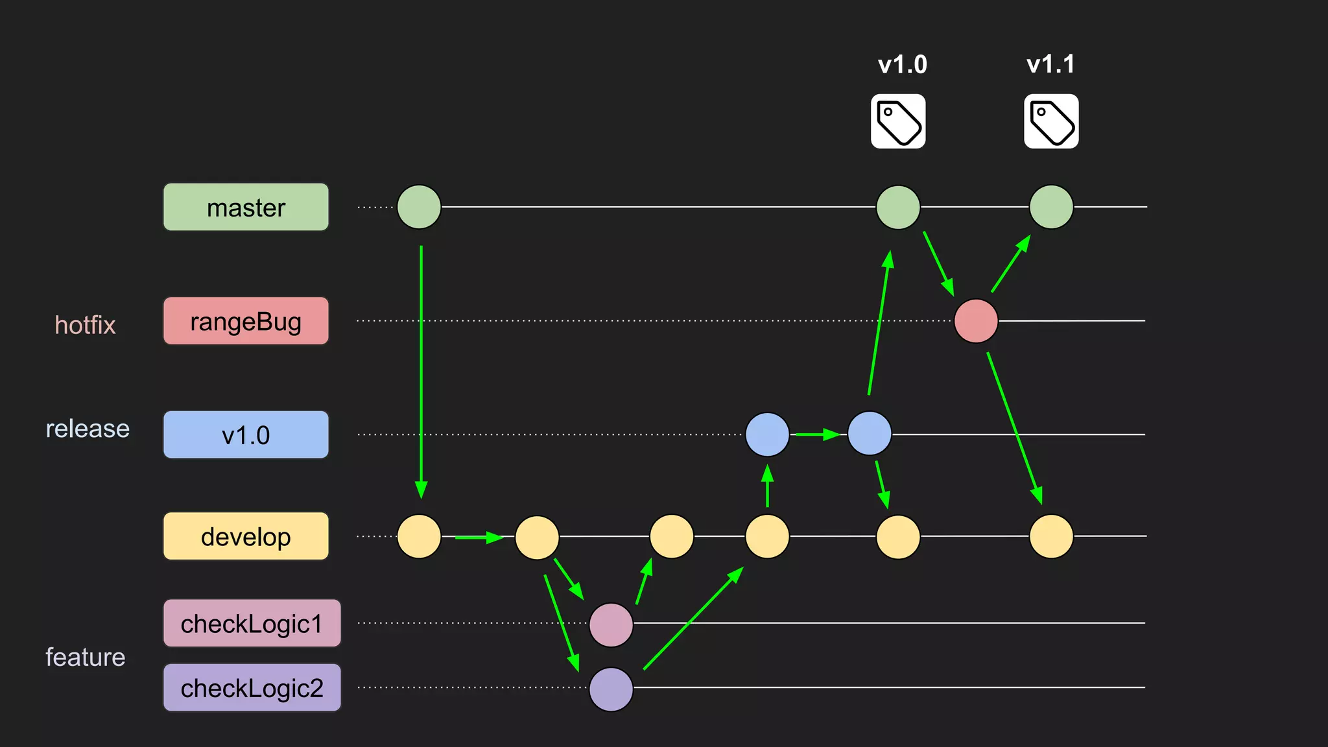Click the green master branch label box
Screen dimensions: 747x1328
(246, 207)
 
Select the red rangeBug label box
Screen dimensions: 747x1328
(246, 321)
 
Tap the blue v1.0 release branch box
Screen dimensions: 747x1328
(246, 434)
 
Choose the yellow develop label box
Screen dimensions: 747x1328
(246, 536)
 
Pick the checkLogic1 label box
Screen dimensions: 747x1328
(252, 623)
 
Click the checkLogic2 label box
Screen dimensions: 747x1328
(252, 687)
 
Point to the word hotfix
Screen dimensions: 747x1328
(85, 325)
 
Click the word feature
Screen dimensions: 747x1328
(85, 657)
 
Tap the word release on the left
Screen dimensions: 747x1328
(88, 429)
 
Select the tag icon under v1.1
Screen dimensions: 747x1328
(1051, 121)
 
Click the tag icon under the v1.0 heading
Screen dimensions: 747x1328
(898, 121)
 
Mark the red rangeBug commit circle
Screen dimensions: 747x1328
(976, 321)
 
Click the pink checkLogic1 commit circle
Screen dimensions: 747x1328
(611, 624)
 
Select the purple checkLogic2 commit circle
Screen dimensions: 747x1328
(611, 689)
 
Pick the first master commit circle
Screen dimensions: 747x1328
(419, 207)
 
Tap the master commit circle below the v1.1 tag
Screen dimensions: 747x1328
(1051, 207)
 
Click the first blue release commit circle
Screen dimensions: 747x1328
(767, 434)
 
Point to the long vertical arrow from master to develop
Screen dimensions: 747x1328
(421, 370)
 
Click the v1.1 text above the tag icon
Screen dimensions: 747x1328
(1050, 64)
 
